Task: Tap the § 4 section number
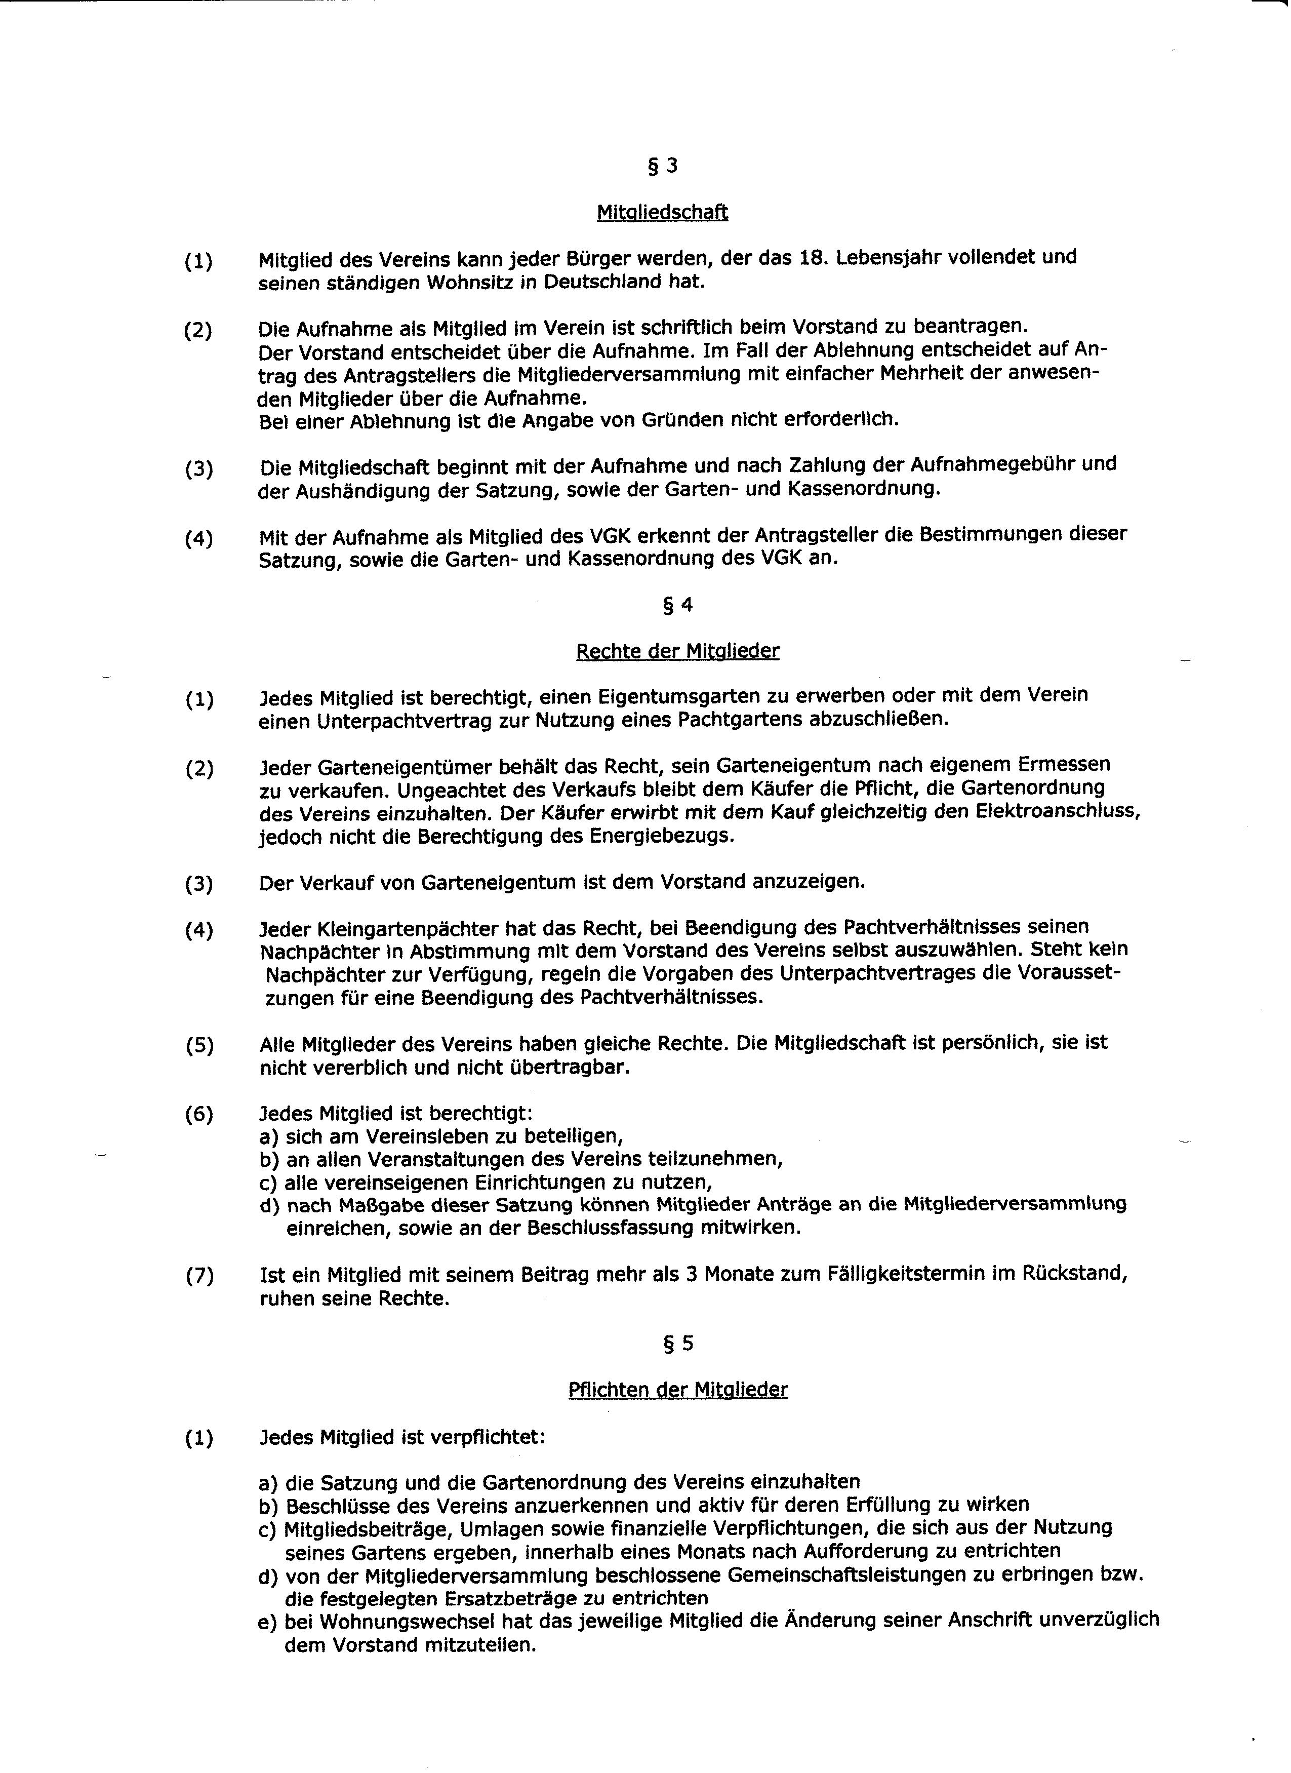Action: [x=677, y=605]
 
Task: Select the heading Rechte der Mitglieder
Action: [x=677, y=651]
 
